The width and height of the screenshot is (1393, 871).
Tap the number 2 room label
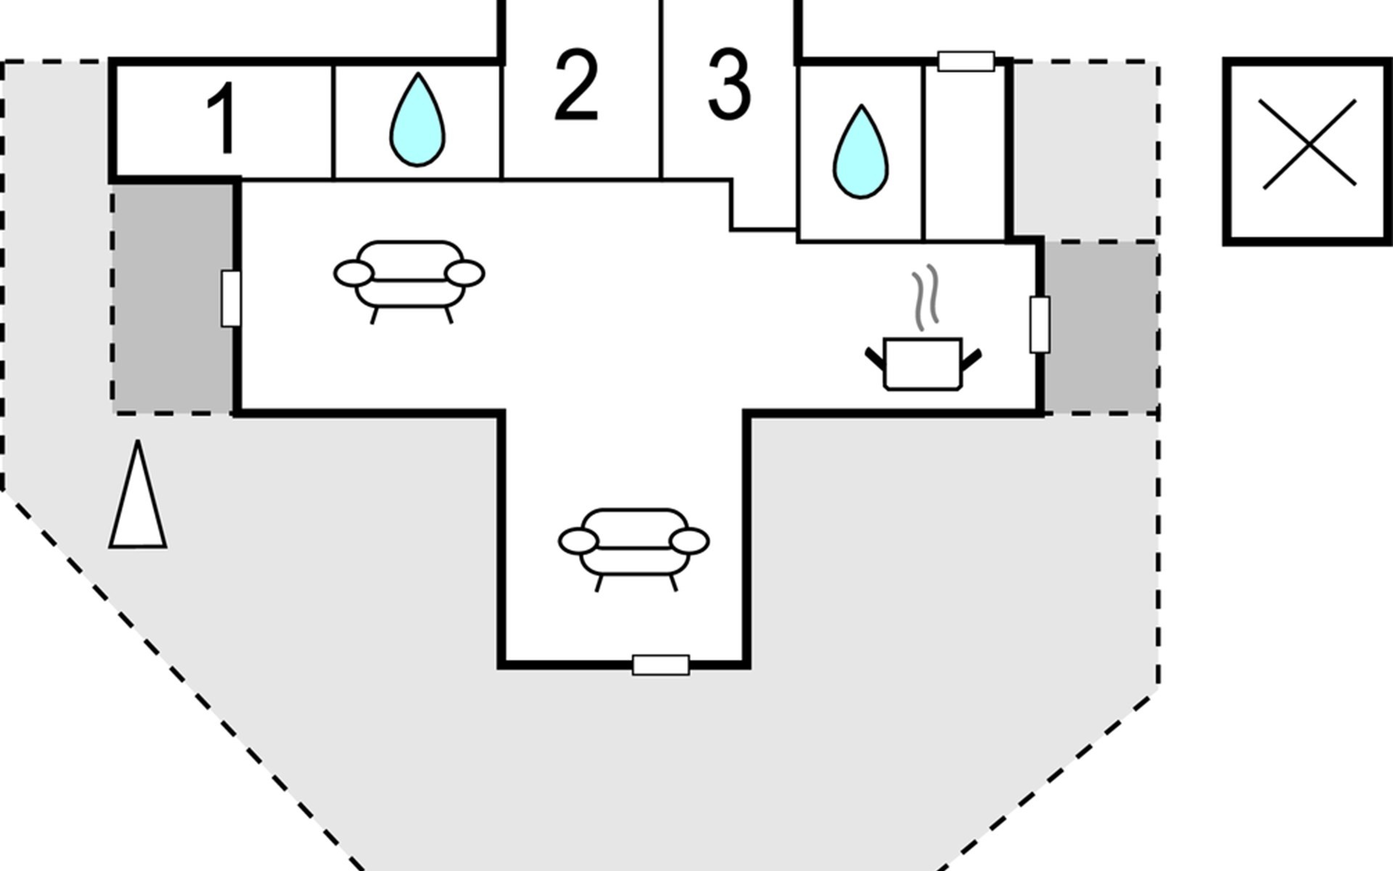click(x=577, y=86)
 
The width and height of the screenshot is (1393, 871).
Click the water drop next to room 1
click(x=417, y=119)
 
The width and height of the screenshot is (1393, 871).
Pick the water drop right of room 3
click(x=860, y=152)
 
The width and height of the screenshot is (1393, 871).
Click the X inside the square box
click(x=1310, y=144)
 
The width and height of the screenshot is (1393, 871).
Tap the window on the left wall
click(x=231, y=298)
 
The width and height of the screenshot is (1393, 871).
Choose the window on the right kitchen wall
click(x=1040, y=324)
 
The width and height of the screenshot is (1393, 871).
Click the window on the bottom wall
click(x=661, y=665)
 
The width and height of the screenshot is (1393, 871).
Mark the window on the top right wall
click(x=966, y=62)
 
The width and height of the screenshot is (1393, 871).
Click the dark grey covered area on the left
click(x=173, y=298)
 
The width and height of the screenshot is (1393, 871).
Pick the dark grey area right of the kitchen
click(x=1101, y=327)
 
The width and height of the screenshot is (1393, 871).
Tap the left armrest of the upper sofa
click(x=354, y=274)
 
